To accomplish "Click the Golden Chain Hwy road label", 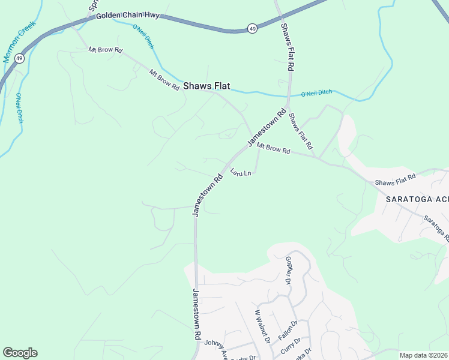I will [131, 14].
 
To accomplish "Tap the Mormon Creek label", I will [20, 41].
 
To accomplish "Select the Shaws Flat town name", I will [206, 86].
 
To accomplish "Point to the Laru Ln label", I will [240, 172].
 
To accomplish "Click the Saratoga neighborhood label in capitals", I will [417, 200].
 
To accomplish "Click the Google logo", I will [20, 353].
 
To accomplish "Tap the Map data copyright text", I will [424, 355].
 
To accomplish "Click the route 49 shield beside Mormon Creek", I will [20, 58].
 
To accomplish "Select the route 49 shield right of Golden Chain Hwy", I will [252, 28].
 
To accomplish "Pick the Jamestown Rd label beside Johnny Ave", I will [196, 315].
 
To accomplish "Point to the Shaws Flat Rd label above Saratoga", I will [395, 179].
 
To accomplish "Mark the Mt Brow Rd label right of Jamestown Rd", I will [274, 148].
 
